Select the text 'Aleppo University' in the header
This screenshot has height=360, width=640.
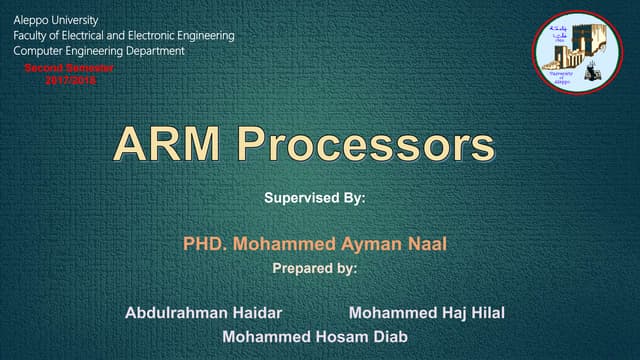coord(57,20)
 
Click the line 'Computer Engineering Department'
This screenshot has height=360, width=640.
coord(99,50)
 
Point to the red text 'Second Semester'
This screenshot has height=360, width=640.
coord(69,67)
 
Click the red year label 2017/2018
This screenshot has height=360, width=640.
coord(70,78)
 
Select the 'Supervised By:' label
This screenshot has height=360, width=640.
coord(315,198)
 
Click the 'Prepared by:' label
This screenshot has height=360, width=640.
coord(314,268)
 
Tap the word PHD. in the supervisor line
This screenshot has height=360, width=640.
coord(205,243)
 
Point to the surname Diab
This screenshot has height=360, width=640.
coord(389,337)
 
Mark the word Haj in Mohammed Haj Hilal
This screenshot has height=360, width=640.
coord(447,313)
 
